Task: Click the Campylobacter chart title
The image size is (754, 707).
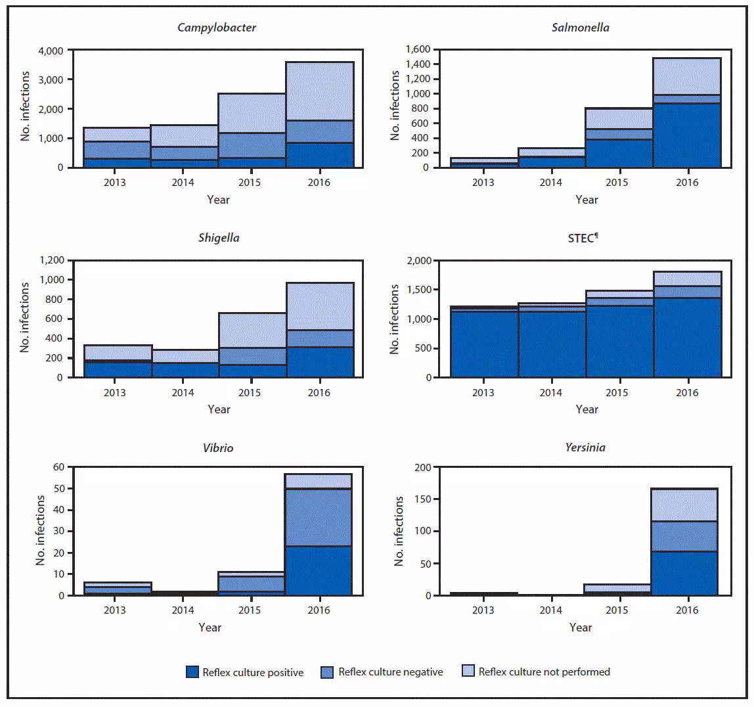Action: [x=217, y=28]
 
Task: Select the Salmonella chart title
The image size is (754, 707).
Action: [x=580, y=28]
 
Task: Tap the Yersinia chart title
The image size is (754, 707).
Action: [x=585, y=447]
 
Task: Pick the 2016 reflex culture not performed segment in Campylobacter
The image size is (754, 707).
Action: [x=319, y=91]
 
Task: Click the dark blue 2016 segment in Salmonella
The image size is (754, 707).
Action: [x=687, y=135]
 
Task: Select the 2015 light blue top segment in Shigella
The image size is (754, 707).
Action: [x=252, y=330]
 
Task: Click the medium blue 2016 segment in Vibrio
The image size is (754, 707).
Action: [x=318, y=517]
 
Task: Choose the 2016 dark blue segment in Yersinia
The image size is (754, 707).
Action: [x=684, y=572]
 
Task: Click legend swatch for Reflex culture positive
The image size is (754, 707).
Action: [x=192, y=672]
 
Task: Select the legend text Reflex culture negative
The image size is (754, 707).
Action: [x=390, y=672]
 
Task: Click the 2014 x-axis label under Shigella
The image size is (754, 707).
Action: [x=183, y=393]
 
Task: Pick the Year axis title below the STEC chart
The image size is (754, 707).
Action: [x=587, y=409]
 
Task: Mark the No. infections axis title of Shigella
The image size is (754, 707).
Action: [x=25, y=317]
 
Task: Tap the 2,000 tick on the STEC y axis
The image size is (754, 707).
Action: [x=419, y=261]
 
